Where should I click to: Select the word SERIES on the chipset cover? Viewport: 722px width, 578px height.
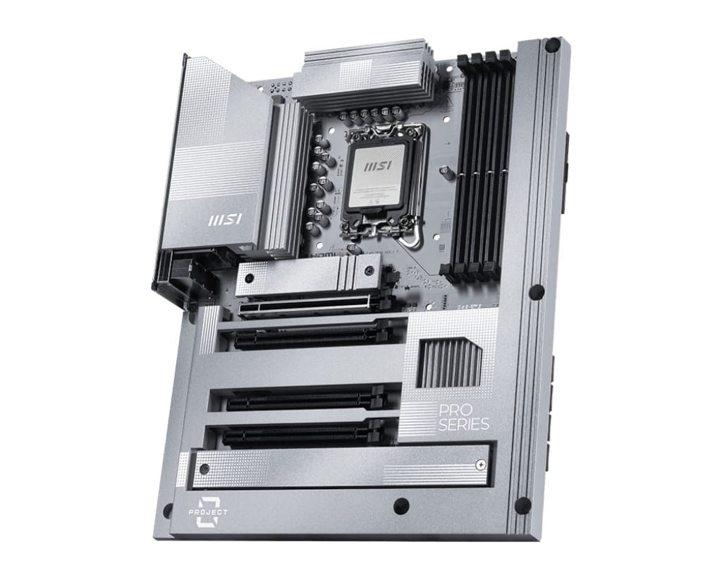click(x=463, y=424)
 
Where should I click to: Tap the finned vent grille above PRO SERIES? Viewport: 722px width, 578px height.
click(x=448, y=362)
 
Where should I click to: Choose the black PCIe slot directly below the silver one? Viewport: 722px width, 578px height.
click(x=310, y=335)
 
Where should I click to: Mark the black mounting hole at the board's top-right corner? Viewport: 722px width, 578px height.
click(x=552, y=44)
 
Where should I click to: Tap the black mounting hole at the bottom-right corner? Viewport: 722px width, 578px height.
click(x=522, y=505)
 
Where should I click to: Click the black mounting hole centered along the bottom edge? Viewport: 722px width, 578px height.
click(x=401, y=505)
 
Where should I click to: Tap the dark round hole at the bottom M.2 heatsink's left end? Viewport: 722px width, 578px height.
click(x=204, y=469)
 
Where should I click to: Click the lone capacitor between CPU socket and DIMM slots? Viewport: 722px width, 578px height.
click(x=446, y=170)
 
